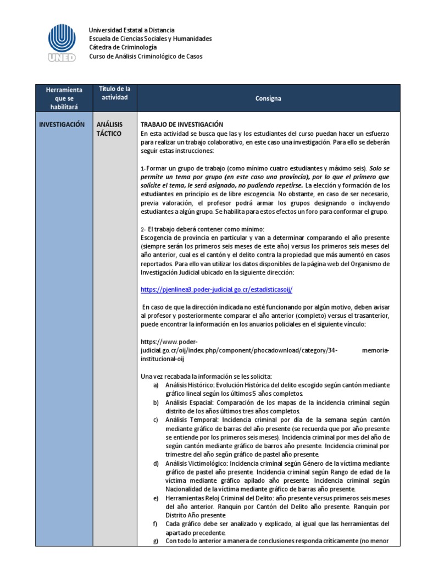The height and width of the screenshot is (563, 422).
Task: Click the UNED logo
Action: point(62,43)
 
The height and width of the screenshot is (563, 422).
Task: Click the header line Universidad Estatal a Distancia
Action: point(132,30)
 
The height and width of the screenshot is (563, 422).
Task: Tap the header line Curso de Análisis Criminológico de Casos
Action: point(146,56)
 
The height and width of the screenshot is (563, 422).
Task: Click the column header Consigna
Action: point(268,98)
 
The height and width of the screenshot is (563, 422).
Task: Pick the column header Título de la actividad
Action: point(114,93)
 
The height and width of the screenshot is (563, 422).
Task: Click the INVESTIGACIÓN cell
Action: point(62,124)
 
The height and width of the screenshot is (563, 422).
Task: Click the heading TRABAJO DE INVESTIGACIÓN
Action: point(182,124)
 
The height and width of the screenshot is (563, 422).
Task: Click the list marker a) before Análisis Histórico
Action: point(156,385)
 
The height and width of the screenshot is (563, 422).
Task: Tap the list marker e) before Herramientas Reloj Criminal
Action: point(156,498)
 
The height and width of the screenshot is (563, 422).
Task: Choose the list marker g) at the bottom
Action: point(156,541)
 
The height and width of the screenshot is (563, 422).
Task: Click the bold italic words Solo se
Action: point(380,168)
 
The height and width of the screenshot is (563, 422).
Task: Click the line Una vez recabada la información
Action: point(206,376)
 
